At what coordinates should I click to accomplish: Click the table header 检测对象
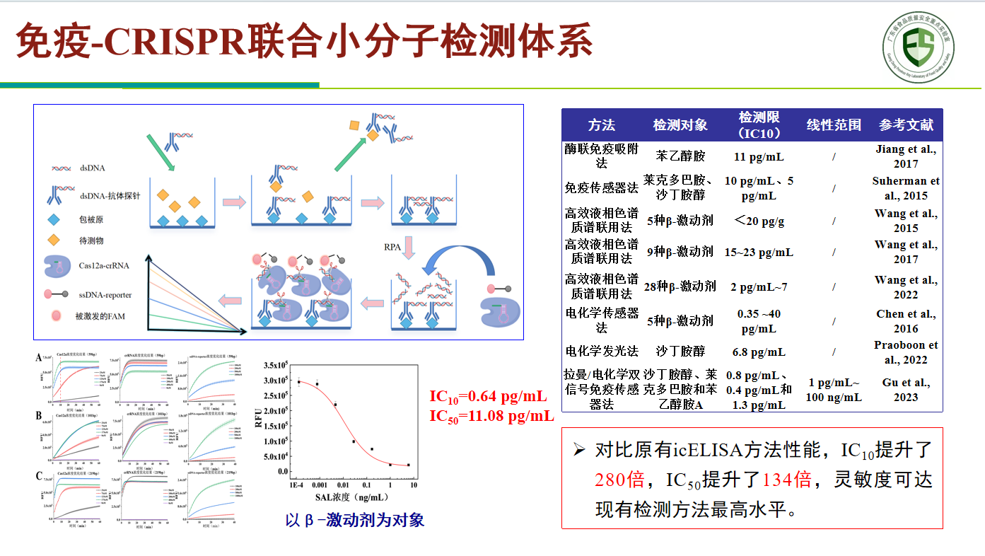(680, 124)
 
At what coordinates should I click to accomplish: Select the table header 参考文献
(906, 124)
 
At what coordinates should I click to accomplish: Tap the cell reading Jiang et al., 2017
(906, 156)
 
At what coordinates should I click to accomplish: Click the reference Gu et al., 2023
(906, 390)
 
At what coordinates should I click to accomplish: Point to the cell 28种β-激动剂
(680, 286)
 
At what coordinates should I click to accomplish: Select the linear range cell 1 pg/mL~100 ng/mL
(834, 390)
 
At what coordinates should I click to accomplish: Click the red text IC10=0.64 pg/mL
(487, 397)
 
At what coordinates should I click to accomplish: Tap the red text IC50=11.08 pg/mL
(491, 415)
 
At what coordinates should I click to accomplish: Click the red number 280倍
(619, 480)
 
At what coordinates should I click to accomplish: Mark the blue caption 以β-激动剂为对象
(354, 521)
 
